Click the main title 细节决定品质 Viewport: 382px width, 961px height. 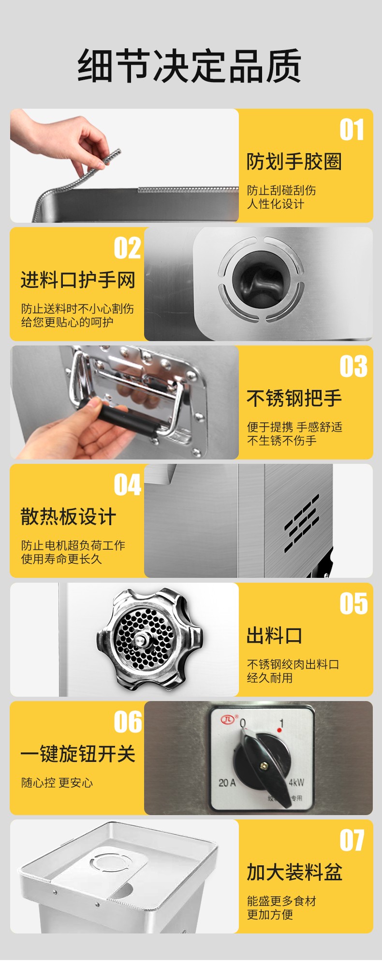click(x=190, y=66)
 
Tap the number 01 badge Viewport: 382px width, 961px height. click(x=352, y=130)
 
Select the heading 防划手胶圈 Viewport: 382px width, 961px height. click(x=294, y=162)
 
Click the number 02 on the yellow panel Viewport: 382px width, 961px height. click(x=128, y=248)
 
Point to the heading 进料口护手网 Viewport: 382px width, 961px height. click(x=78, y=280)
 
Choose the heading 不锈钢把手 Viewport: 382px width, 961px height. click(x=294, y=399)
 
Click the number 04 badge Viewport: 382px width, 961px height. click(x=128, y=485)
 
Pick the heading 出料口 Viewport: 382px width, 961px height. click(x=274, y=636)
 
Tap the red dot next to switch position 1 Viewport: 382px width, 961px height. click(x=279, y=730)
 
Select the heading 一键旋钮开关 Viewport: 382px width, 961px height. click(x=78, y=754)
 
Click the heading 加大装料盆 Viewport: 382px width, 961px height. click(x=294, y=873)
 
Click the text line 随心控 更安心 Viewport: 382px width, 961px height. click(x=57, y=783)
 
